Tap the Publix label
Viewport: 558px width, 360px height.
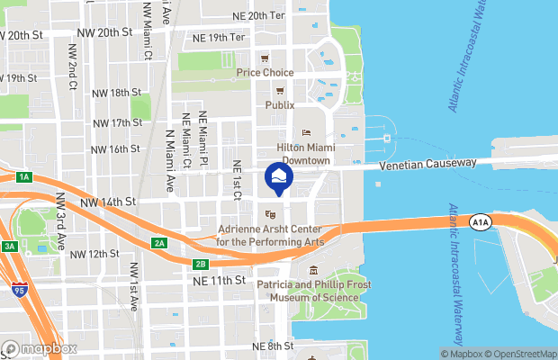279,104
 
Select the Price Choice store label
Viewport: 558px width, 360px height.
266,72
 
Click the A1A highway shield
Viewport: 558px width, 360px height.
481,222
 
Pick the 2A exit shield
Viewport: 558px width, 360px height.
158,243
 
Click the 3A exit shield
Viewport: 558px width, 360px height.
9,246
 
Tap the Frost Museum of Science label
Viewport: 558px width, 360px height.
314,292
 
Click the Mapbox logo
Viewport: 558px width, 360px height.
40,348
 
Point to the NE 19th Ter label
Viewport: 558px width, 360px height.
219,38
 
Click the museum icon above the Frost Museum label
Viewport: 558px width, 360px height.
313,271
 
